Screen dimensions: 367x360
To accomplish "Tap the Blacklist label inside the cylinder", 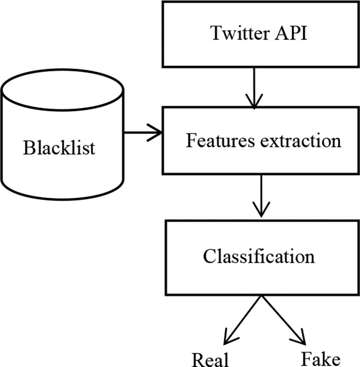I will click(x=59, y=148).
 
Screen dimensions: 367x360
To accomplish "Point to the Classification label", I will click(x=259, y=257).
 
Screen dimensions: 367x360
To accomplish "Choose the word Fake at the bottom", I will click(x=321, y=359).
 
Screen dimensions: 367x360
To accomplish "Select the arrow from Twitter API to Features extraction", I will click(x=254, y=87).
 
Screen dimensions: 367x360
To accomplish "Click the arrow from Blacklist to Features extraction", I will click(x=142, y=132).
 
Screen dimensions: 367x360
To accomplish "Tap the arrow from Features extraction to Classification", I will click(x=262, y=196).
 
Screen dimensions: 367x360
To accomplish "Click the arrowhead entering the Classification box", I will click(x=262, y=211).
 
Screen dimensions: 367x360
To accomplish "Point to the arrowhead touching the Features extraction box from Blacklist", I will click(x=156, y=132).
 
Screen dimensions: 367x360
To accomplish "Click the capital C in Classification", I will click(x=209, y=257).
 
